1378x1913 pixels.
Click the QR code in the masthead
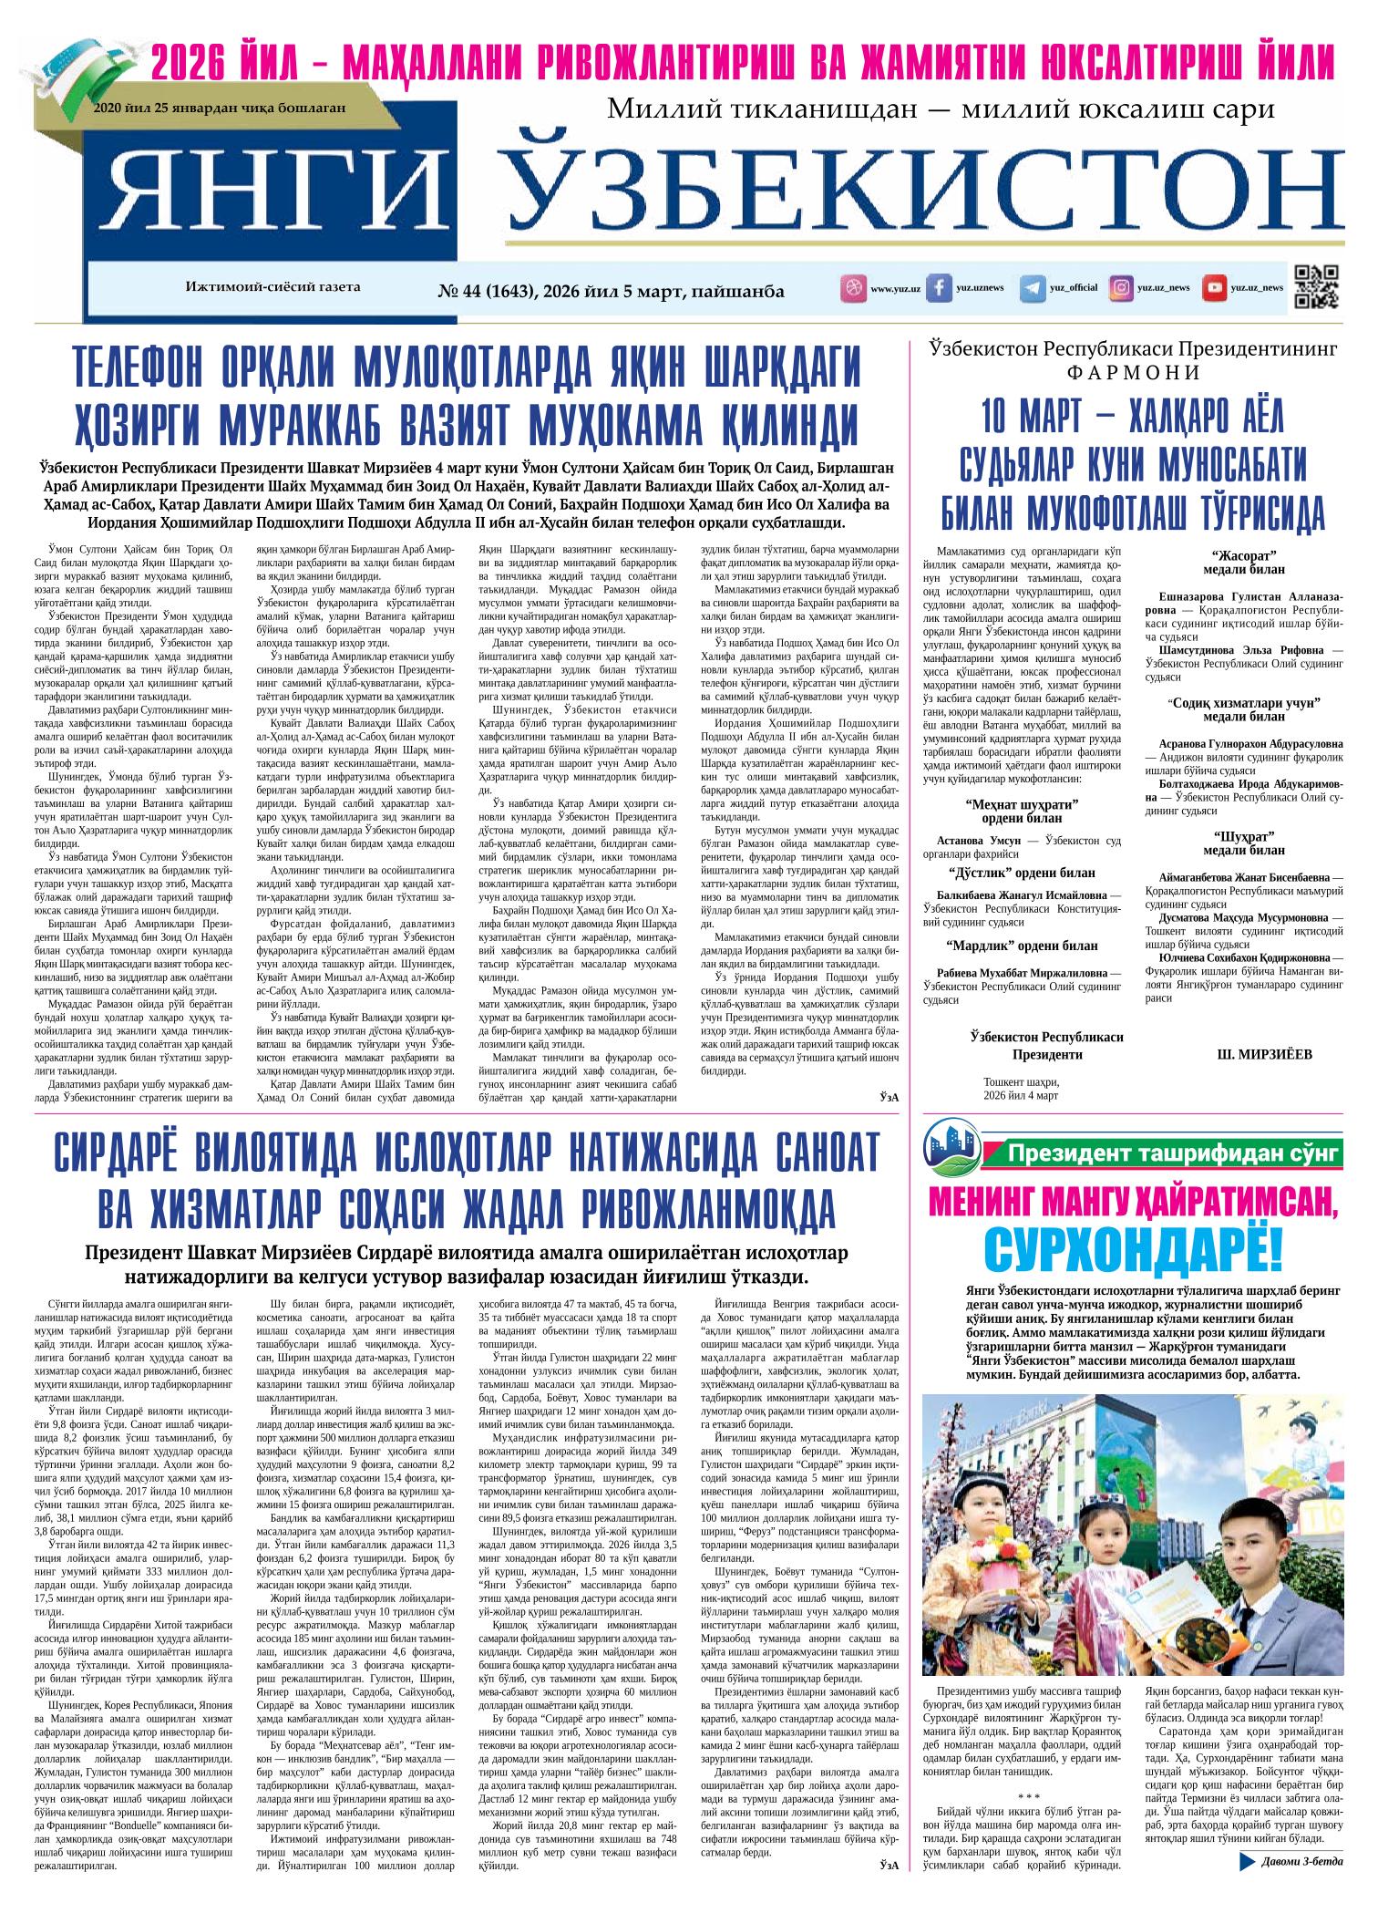[x=1316, y=287]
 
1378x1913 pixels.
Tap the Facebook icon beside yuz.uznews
[x=939, y=288]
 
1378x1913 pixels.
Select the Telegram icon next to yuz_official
[x=1033, y=288]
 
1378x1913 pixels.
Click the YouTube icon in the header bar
[x=1214, y=288]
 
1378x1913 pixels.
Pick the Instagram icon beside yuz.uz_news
[x=1121, y=288]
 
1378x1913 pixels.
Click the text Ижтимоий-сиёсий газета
[x=273, y=286]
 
